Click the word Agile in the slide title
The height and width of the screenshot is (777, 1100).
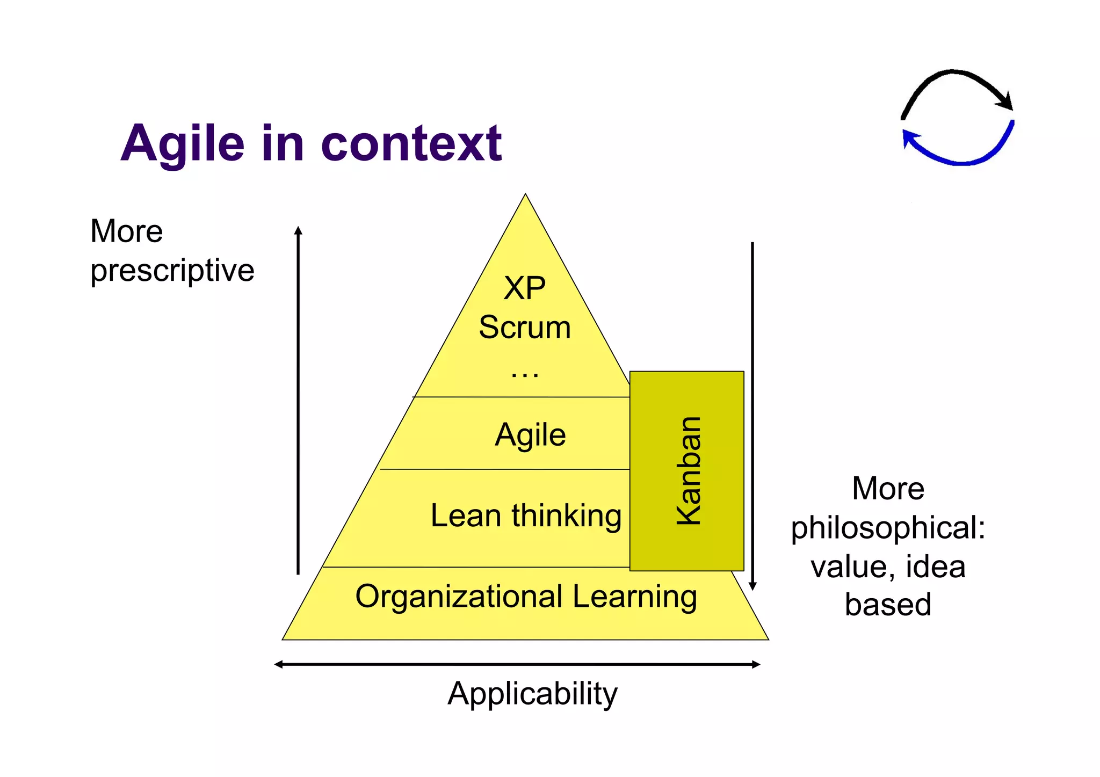point(183,144)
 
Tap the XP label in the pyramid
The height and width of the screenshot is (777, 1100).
point(524,288)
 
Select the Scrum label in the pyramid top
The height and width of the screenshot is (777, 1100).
point(524,327)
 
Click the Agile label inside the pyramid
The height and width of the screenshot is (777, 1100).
point(530,434)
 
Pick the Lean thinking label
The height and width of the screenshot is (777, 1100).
point(526,515)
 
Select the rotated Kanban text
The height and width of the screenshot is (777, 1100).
point(688,470)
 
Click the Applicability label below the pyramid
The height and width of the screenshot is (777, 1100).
point(532,693)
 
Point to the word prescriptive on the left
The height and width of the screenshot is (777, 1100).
point(172,270)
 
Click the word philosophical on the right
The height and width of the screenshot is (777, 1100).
point(887,527)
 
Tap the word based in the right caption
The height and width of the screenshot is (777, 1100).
point(887,605)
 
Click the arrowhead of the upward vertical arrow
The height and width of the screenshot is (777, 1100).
point(299,231)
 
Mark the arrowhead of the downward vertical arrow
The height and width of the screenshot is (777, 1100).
point(752,586)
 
